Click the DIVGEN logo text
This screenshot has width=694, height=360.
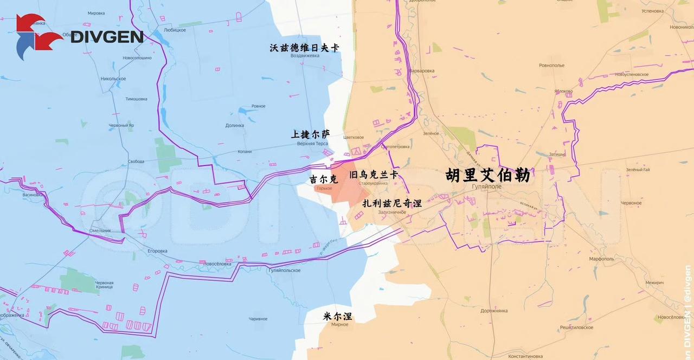coord(107,37)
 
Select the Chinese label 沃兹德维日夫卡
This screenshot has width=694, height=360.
coord(305,48)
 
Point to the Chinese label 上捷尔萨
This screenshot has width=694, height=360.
coord(310,134)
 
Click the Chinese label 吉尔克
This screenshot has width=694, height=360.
coord(323,178)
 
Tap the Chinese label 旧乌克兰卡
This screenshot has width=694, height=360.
coord(374,175)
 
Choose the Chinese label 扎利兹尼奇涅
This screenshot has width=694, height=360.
coord(392,203)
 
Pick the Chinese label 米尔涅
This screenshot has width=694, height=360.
coord(337,316)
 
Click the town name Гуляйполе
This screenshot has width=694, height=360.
coord(487,187)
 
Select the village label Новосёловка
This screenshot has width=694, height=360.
coord(217,263)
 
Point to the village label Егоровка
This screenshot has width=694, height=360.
coord(158,251)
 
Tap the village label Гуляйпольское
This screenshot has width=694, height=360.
coord(284,269)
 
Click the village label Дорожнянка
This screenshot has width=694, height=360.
coord(494,311)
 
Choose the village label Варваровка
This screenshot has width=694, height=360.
coord(422,70)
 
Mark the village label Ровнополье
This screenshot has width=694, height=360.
coord(552,66)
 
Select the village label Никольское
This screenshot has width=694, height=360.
coord(113,79)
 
